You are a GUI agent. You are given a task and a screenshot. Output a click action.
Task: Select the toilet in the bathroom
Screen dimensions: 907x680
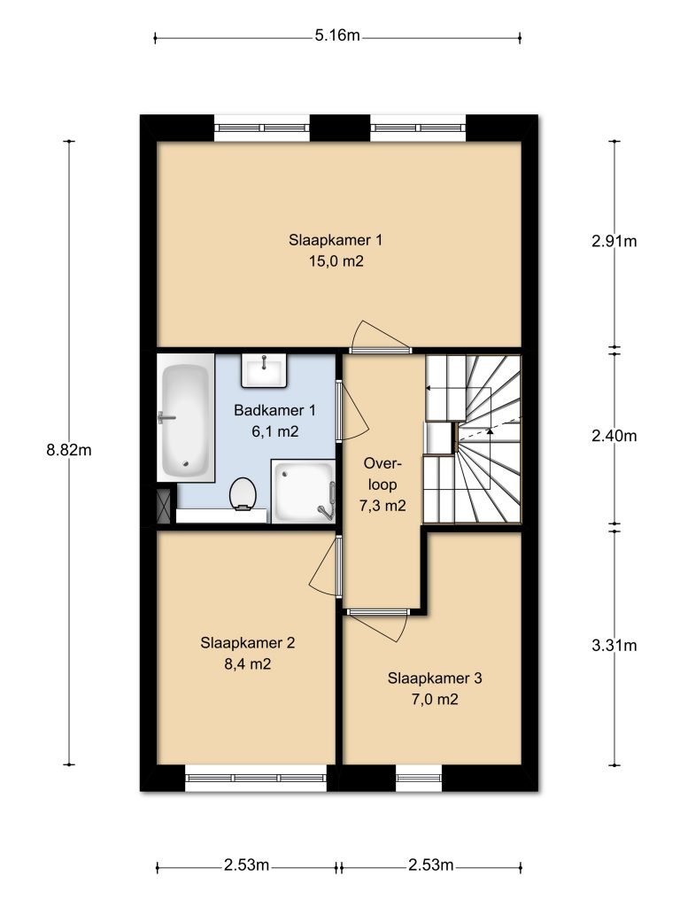pos(243,493)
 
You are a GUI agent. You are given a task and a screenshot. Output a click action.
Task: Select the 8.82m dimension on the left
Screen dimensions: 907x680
pos(69,450)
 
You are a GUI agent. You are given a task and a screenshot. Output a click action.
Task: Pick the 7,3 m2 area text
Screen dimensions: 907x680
pos(383,507)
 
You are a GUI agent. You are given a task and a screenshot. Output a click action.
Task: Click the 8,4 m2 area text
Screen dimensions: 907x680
pos(247,663)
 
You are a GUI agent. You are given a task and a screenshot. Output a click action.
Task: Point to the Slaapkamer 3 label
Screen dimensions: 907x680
pos(434,679)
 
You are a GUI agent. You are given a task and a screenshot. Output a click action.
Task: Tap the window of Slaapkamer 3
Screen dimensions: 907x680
pos(418,779)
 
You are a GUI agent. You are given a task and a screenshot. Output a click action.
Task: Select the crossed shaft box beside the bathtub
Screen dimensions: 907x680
pos(165,506)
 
